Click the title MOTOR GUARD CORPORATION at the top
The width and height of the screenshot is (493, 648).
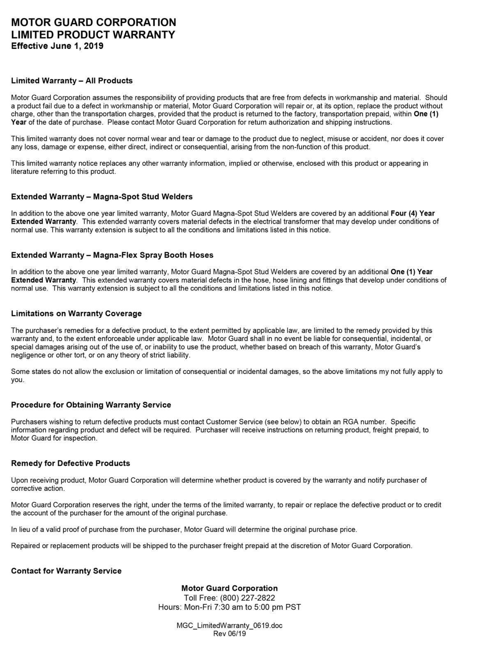pyautogui.click(x=94, y=22)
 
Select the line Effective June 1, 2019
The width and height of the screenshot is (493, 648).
pyautogui.click(x=57, y=46)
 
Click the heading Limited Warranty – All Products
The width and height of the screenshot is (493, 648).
pyautogui.click(x=72, y=81)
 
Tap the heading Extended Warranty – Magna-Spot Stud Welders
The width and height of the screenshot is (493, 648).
pyautogui.click(x=102, y=197)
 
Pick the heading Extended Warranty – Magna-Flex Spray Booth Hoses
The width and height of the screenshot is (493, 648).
pyautogui.click(x=112, y=255)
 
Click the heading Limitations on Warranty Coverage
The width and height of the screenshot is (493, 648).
pyautogui.click(x=76, y=314)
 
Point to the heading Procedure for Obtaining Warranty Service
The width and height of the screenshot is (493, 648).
pyautogui.click(x=91, y=405)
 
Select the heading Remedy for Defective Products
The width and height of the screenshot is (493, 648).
pyautogui.click(x=70, y=463)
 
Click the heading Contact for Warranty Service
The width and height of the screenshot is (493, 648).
pyautogui.click(x=66, y=571)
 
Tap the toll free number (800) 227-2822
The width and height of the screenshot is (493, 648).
pyautogui.click(x=248, y=598)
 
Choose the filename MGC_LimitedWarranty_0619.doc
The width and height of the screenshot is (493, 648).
pyautogui.click(x=229, y=626)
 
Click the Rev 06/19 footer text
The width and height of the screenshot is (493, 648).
pyautogui.click(x=229, y=634)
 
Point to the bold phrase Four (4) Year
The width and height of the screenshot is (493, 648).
pyautogui.click(x=412, y=213)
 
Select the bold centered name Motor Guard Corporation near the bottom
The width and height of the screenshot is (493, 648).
pyautogui.click(x=229, y=588)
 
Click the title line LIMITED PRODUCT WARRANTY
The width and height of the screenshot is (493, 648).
pyautogui.click(x=93, y=34)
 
